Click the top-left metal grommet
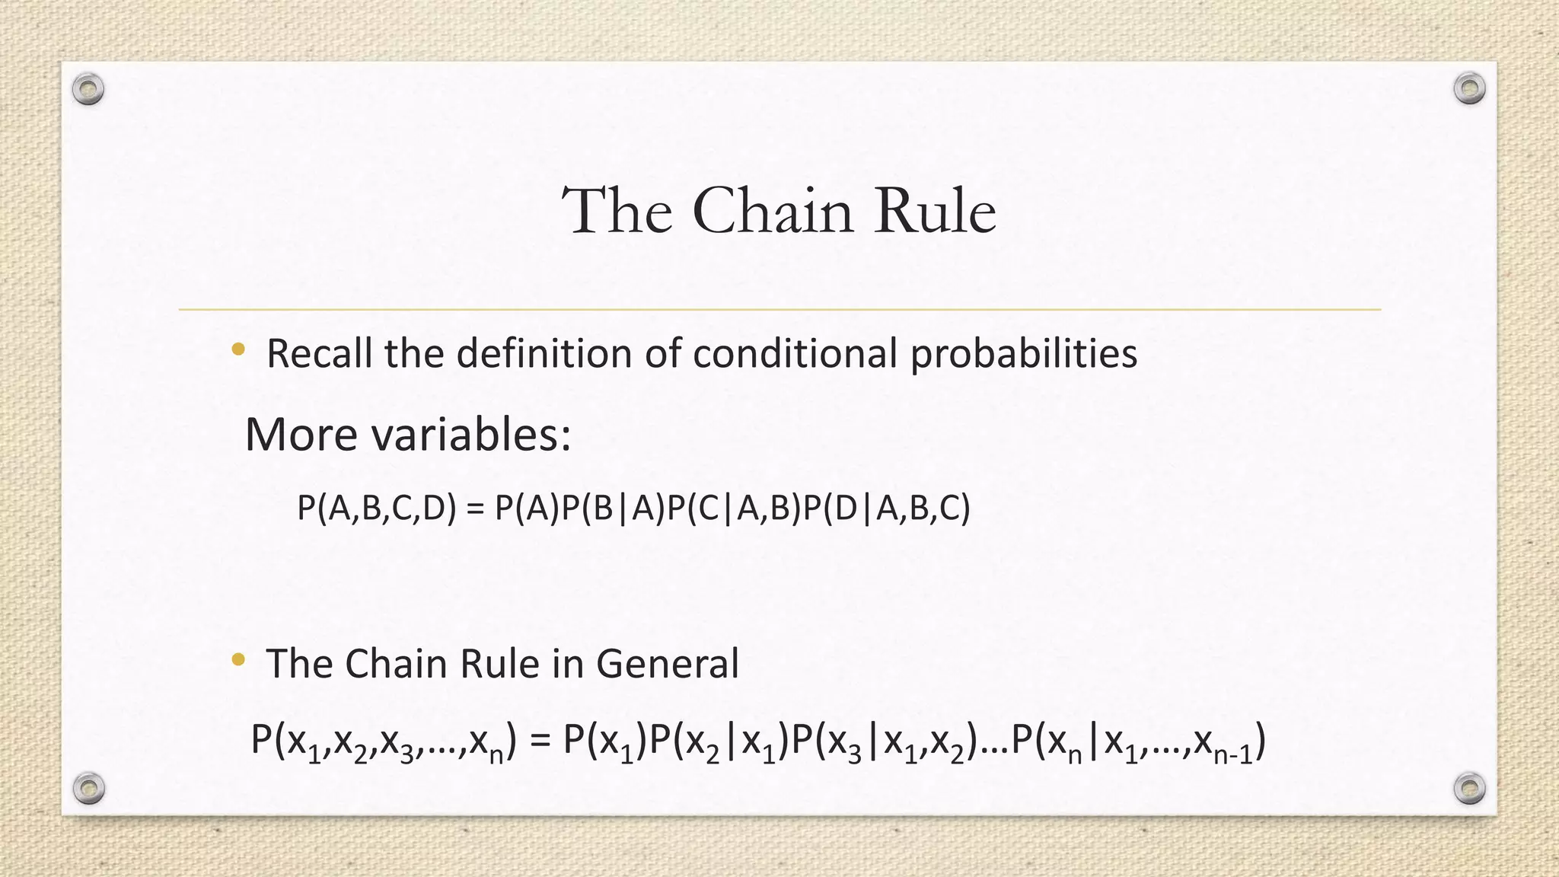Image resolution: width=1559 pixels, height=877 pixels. (88, 90)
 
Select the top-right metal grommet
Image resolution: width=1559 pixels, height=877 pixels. (1469, 88)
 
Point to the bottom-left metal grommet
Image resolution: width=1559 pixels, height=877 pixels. (88, 788)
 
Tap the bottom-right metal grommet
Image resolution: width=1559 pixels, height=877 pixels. (1469, 788)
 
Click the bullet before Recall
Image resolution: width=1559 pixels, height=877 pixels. (238, 350)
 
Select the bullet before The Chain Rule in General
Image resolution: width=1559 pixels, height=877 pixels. (238, 659)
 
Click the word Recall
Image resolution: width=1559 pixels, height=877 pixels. (320, 354)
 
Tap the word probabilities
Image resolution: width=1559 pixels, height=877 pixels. (1023, 354)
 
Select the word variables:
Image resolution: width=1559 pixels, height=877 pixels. (471, 435)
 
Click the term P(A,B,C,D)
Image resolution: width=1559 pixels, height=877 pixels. (377, 508)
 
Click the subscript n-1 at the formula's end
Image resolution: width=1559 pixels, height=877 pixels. (1233, 754)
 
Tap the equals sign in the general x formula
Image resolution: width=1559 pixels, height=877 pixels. (539, 741)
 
